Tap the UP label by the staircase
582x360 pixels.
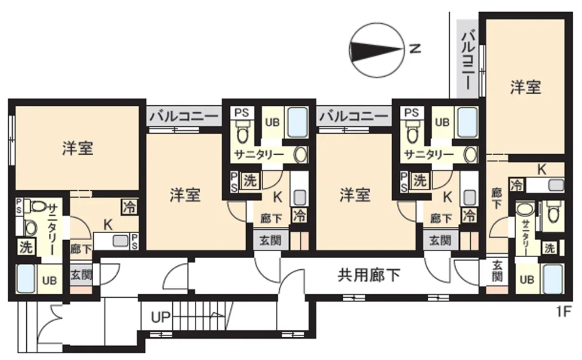pyautogui.click(x=161, y=318)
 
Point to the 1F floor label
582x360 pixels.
pyautogui.click(x=563, y=312)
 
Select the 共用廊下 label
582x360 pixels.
pyautogui.click(x=368, y=275)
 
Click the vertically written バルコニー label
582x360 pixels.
pyautogui.click(x=468, y=60)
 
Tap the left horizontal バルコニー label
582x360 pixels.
pyautogui.click(x=184, y=116)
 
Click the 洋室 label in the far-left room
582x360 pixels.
pyautogui.click(x=77, y=148)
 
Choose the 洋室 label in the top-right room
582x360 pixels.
pyautogui.click(x=525, y=87)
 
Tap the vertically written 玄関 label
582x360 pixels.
pyautogui.click(x=497, y=271)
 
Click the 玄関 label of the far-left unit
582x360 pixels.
pyautogui.click(x=81, y=275)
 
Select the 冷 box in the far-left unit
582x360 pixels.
pyautogui.click(x=130, y=207)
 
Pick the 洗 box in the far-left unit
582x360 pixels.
pyautogui.click(x=26, y=247)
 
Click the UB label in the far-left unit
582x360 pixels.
pyautogui.click(x=49, y=280)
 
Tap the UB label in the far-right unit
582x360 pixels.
pyautogui.click(x=527, y=279)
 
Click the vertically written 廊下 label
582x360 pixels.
pyautogui.click(x=496, y=198)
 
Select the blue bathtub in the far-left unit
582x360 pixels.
pyautogui.click(x=26, y=279)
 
